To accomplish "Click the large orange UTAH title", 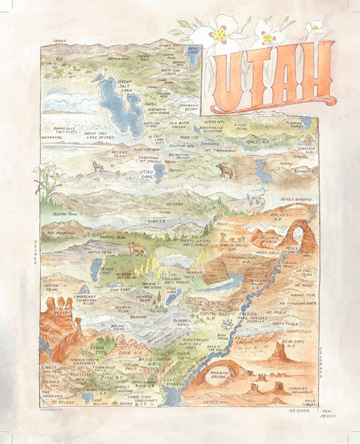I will (x=274, y=76).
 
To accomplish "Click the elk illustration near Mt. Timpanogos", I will (x=224, y=171).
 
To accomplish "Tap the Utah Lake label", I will (x=147, y=173).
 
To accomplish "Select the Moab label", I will (x=291, y=248).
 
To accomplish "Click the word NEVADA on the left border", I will (x=36, y=250).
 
